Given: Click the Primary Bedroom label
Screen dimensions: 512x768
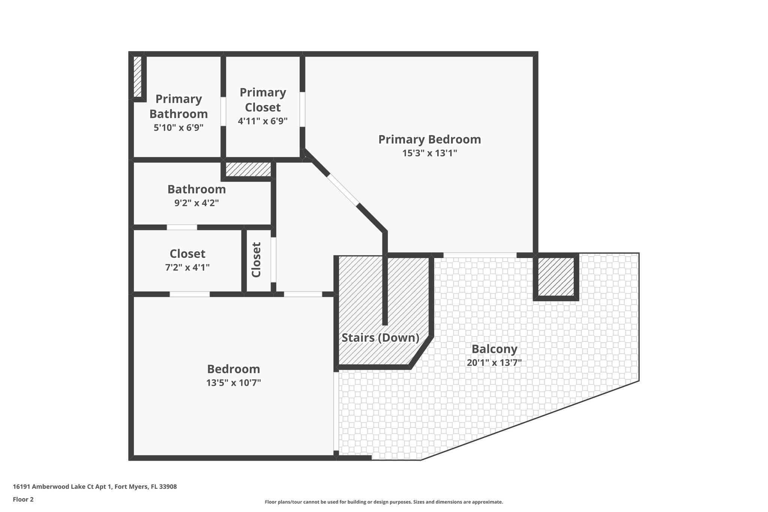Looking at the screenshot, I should (429, 139).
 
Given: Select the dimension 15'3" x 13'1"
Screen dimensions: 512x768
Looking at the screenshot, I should (429, 153).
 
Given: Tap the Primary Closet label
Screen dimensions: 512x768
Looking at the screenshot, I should (262, 99).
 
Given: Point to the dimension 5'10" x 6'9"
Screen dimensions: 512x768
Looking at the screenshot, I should (178, 128).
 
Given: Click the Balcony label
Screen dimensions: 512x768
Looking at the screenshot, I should (494, 349).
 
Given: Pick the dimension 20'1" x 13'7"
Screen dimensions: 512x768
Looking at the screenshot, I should (494, 363).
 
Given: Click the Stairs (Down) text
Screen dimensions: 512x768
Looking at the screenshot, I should (380, 338).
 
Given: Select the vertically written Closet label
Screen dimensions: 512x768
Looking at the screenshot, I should (256, 260).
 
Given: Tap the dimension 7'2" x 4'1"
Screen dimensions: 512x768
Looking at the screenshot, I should (187, 267).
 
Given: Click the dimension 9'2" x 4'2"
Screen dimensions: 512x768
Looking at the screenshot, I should (196, 203).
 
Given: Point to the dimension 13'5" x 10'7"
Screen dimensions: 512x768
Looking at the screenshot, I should (233, 383).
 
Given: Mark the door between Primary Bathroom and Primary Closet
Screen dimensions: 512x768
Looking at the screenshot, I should (223, 111).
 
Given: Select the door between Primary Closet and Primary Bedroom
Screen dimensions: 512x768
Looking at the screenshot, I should (302, 109).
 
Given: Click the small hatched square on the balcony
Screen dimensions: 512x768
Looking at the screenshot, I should (556, 277).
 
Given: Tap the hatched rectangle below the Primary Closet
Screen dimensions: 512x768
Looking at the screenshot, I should (248, 169).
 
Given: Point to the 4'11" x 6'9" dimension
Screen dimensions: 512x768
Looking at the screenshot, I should (262, 121).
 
